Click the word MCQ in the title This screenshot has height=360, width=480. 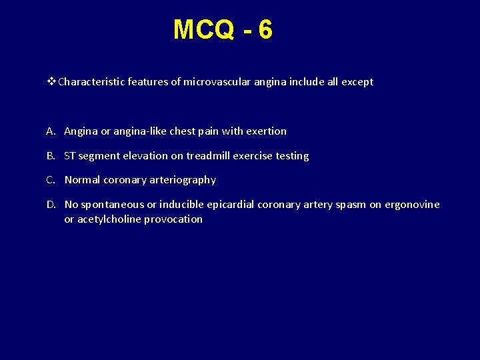[203, 30]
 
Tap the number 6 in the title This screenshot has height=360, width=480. [265, 30]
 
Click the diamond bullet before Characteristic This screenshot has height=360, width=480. [53, 82]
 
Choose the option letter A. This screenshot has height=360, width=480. [51, 131]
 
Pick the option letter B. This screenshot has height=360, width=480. [51, 156]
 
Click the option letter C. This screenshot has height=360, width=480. [51, 180]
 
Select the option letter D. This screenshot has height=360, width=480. [51, 205]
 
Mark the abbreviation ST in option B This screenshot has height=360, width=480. [70, 156]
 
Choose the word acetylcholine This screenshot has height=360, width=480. [109, 219]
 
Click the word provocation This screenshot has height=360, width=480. [173, 219]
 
